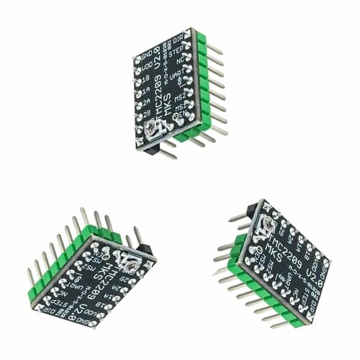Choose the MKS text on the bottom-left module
117,270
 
